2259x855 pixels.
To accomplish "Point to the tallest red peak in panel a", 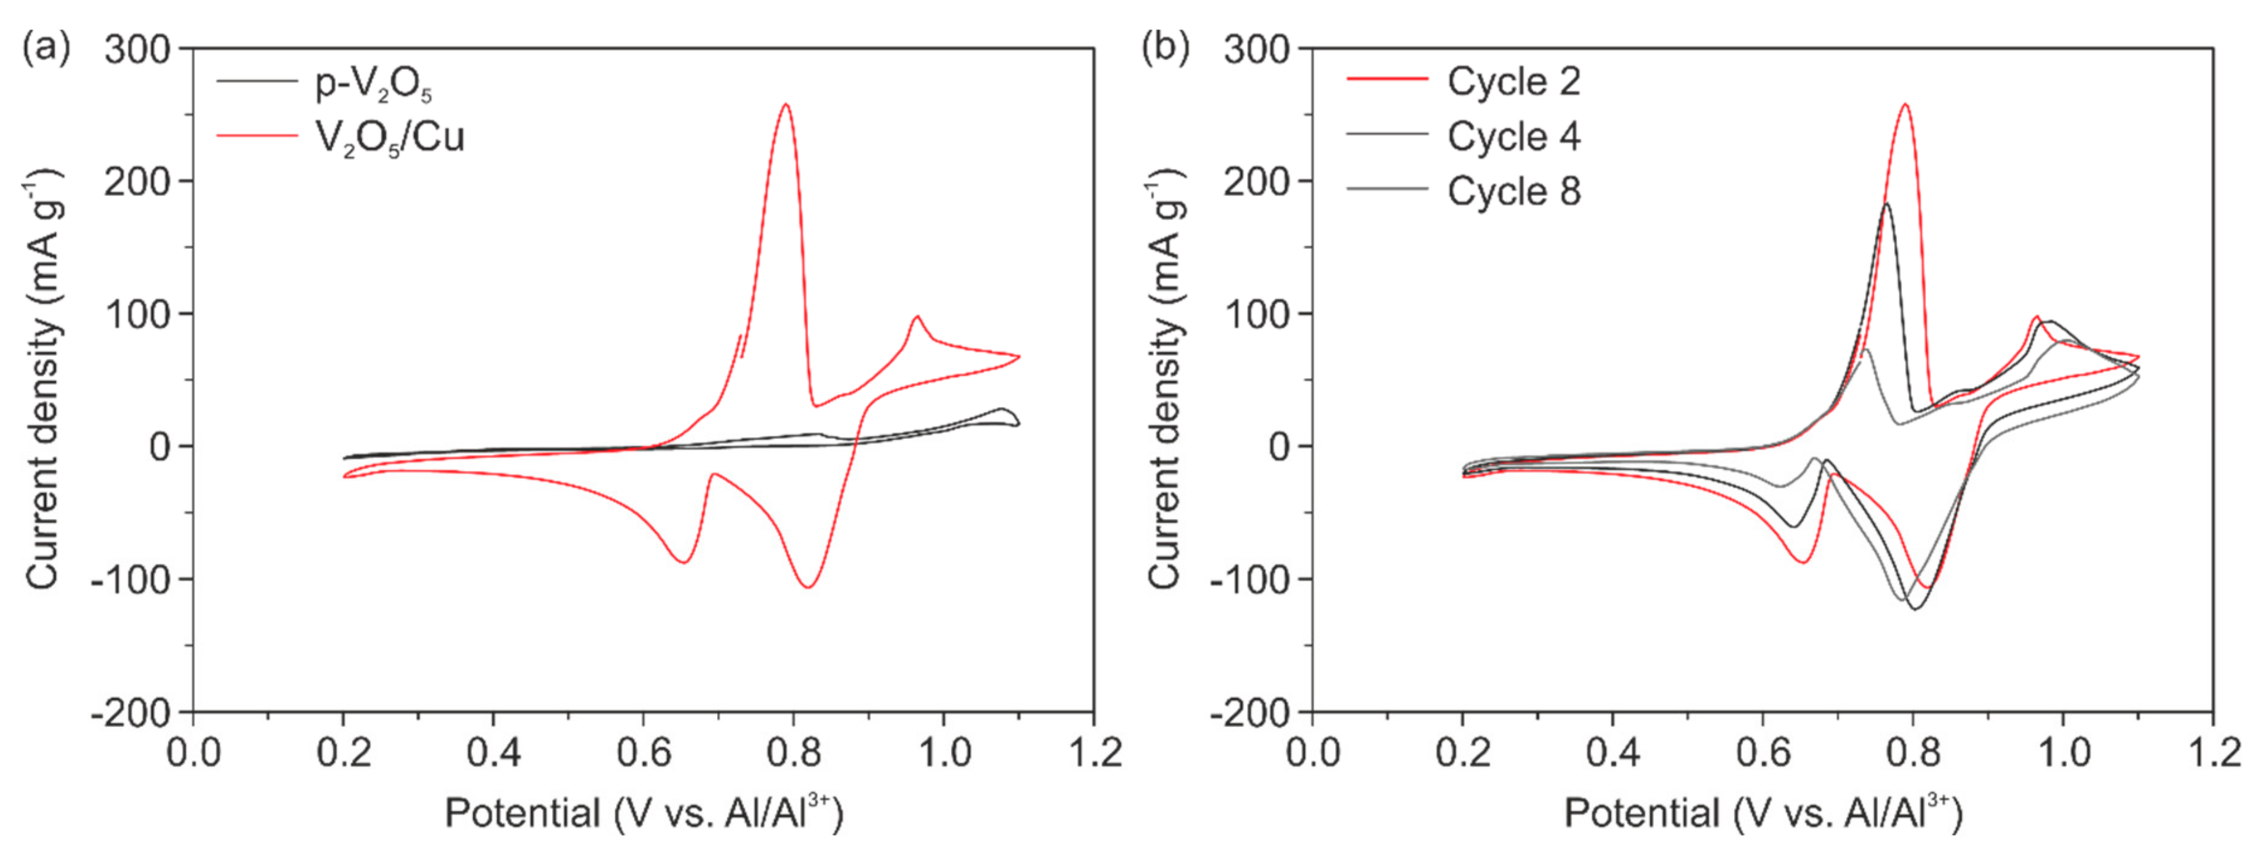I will [786, 105].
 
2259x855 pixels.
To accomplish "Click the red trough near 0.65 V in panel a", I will [683, 562].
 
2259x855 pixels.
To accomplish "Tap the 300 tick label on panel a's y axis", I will [138, 49].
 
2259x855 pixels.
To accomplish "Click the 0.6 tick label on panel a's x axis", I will [644, 753].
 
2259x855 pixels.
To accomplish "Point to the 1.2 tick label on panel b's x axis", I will [2214, 753].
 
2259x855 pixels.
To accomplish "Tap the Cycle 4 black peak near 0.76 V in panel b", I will [1886, 204].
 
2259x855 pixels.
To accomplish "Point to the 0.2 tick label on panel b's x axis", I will [1462, 753].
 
